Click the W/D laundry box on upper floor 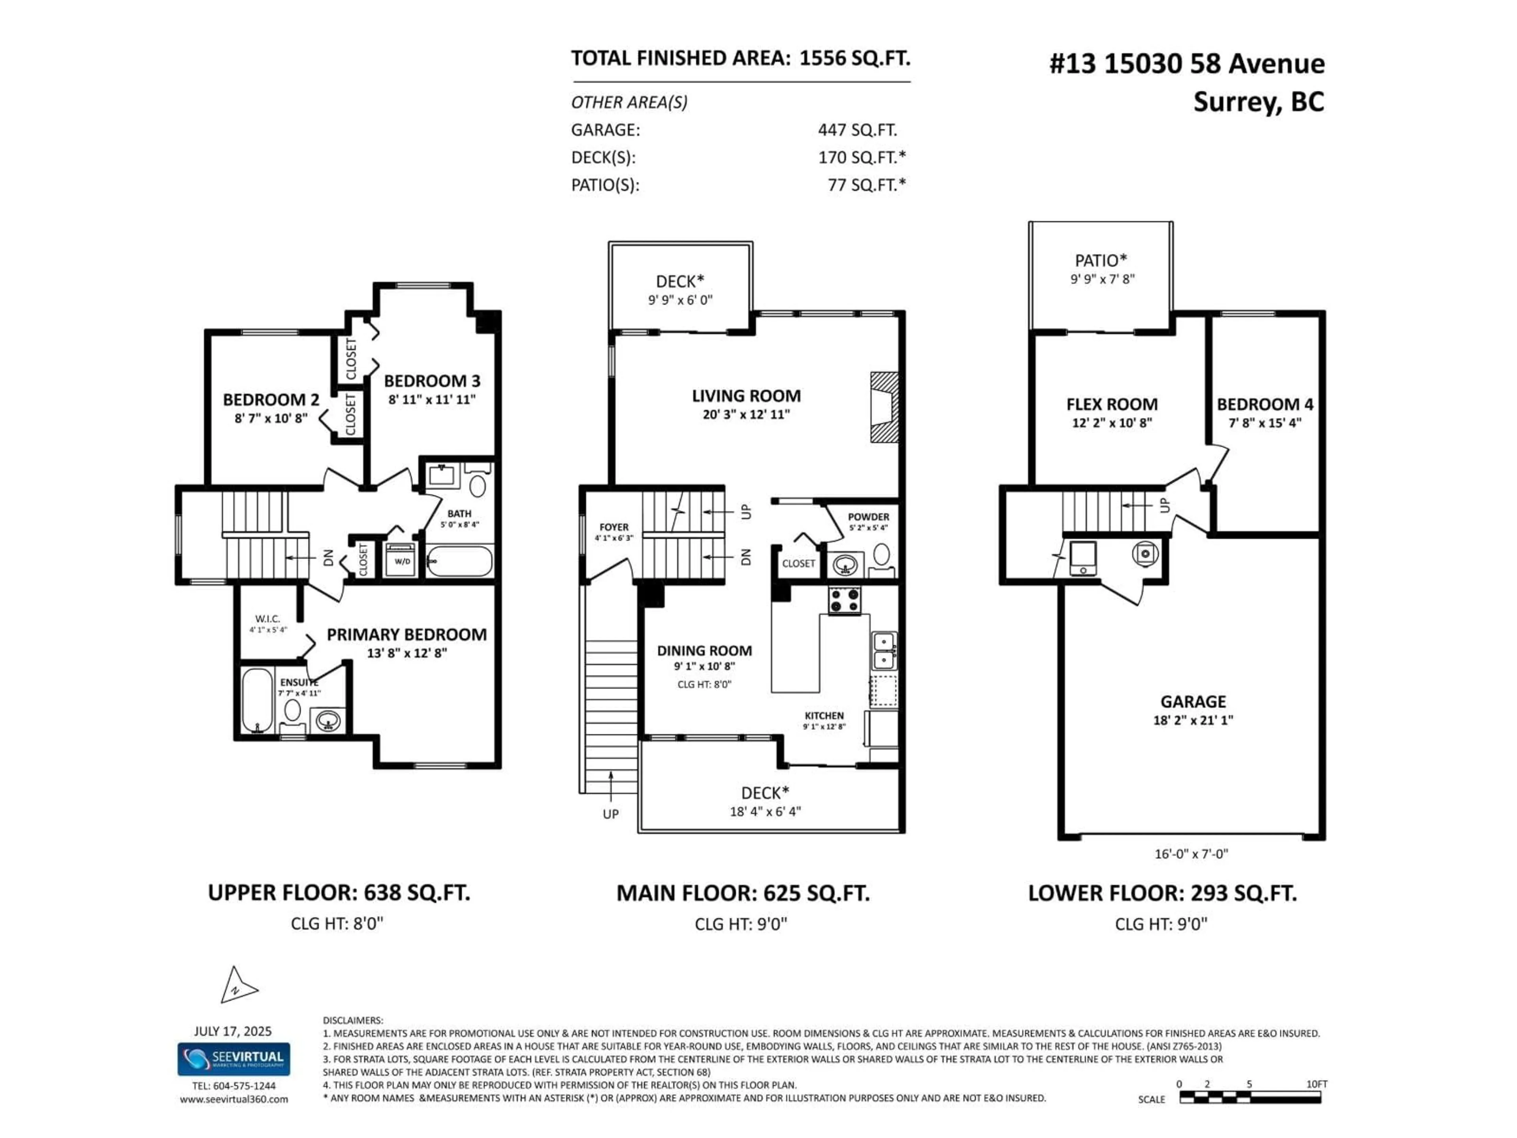tap(401, 561)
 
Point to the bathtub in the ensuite tap(256, 700)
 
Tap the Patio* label tap(1101, 261)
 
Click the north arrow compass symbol tap(237, 986)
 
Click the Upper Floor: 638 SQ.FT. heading tap(339, 893)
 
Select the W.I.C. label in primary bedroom tap(267, 619)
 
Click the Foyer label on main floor tap(614, 528)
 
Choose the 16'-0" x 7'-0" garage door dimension tap(1191, 854)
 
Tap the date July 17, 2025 tap(232, 1031)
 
